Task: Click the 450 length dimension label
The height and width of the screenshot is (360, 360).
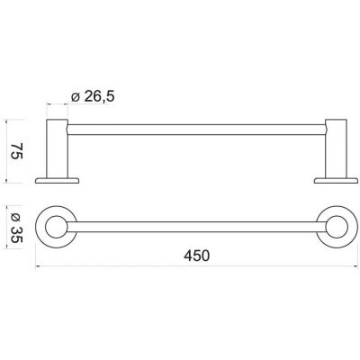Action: (x=197, y=256)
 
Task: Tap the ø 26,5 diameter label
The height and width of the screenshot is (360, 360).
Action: (x=93, y=96)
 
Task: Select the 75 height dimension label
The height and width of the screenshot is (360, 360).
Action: (x=17, y=151)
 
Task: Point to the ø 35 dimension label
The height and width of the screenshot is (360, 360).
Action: (x=17, y=227)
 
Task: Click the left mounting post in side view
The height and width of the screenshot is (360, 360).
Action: (x=58, y=148)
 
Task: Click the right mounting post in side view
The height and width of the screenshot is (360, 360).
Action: (x=336, y=148)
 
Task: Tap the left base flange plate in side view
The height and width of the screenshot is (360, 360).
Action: (x=57, y=181)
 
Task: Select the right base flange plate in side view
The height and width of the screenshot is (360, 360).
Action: (x=336, y=181)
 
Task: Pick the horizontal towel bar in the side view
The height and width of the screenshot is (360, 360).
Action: (x=196, y=130)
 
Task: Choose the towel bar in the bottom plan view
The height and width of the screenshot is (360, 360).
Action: (x=196, y=227)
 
